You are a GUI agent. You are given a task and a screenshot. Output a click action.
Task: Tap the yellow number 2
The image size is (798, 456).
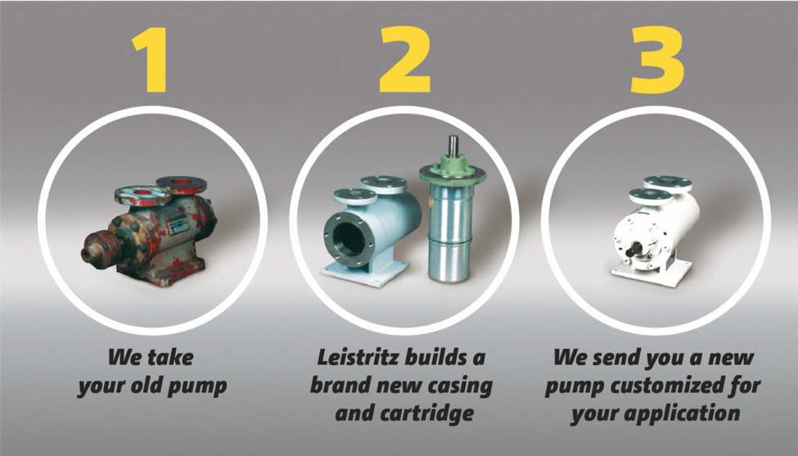(404, 60)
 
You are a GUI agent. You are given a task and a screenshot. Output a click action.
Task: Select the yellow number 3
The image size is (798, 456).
(657, 60)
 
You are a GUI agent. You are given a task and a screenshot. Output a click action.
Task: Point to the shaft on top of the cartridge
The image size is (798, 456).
(453, 149)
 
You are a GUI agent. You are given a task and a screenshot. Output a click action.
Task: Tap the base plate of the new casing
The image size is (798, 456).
(365, 273)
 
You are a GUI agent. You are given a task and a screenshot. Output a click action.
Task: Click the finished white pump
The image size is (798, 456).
(657, 232)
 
